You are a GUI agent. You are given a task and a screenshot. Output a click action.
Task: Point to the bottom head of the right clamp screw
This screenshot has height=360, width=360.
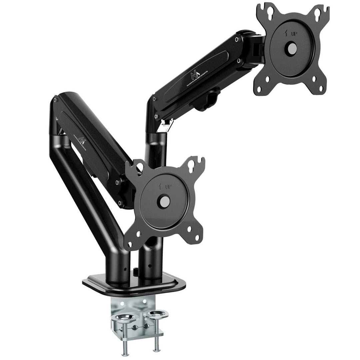pyautogui.click(x=155, y=348)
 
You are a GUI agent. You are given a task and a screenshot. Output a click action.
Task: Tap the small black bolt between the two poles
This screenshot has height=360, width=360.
pyautogui.click(x=136, y=272)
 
